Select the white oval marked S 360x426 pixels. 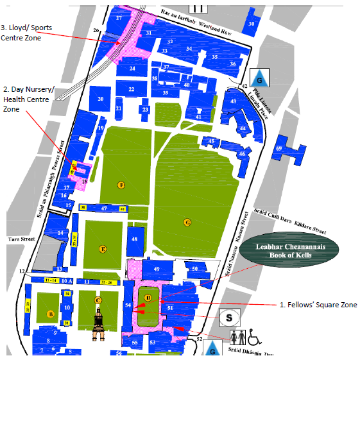click(x=230, y=316)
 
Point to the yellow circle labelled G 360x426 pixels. click(x=187, y=223)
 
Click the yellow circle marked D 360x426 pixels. click(x=148, y=298)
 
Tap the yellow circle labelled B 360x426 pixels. click(x=50, y=314)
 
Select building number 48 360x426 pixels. click(x=135, y=240)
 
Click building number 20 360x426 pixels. click(x=101, y=99)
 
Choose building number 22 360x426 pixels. click(x=131, y=90)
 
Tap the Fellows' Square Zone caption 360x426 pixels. click(x=318, y=305)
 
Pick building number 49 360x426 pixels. click(x=155, y=268)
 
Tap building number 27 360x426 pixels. click(x=119, y=19)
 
